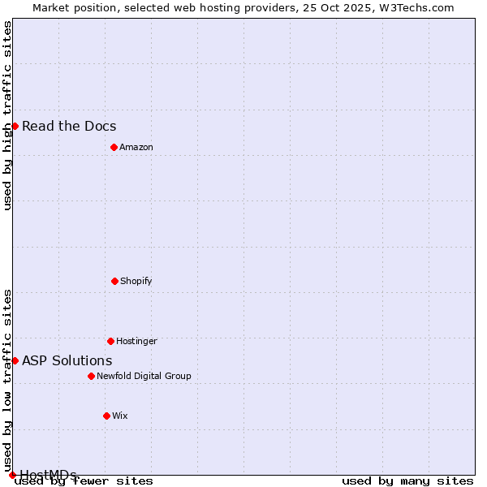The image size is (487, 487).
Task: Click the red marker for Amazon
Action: pos(114,147)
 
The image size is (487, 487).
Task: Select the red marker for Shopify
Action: pos(114,281)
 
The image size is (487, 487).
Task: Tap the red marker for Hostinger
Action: pos(110,341)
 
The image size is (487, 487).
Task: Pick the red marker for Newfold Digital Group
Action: pos(91,376)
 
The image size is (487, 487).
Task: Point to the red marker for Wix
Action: pos(106,416)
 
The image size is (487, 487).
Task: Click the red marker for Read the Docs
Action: pos(15,126)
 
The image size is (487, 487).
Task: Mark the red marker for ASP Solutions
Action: pos(15,360)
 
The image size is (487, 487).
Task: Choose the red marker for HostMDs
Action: pos(12,475)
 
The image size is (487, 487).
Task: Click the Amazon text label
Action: pos(136,147)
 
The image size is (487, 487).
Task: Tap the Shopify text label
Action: pos(136,281)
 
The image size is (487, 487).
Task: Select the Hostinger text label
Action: pos(136,341)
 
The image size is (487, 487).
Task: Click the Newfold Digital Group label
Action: pos(144,376)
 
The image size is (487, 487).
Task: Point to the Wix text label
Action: pos(120,416)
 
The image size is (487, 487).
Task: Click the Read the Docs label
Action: pos(69,126)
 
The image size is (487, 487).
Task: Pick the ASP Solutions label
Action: pos(67,360)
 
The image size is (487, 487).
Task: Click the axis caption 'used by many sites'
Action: pos(407,481)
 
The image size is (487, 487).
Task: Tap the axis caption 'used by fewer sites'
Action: pos(84,481)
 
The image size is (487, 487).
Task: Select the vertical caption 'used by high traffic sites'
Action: pos(8,115)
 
